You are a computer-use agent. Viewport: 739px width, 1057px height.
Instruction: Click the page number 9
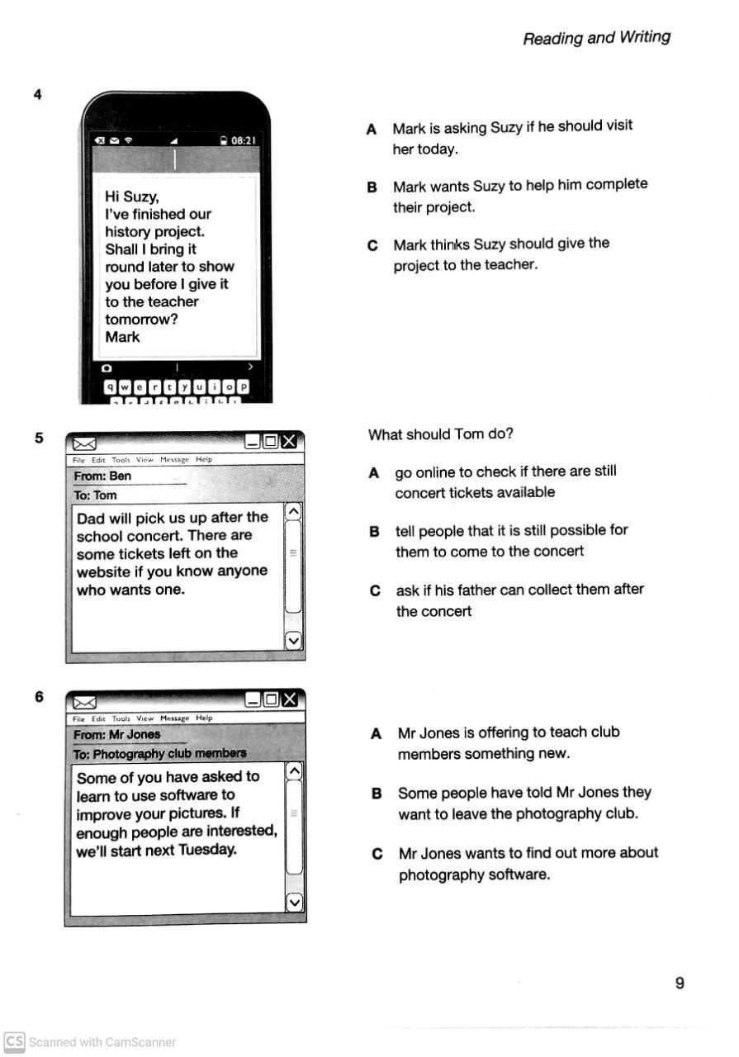tap(680, 983)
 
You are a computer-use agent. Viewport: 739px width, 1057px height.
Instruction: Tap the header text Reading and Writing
tap(596, 37)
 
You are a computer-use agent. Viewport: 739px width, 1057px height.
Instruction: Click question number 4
tap(37, 94)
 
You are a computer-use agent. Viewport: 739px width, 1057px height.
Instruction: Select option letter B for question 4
tap(372, 187)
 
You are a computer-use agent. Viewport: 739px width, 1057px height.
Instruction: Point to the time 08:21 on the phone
tap(243, 140)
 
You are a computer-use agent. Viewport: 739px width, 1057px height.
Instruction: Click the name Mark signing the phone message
tap(122, 337)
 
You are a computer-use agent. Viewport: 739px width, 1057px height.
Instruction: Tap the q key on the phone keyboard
tap(111, 386)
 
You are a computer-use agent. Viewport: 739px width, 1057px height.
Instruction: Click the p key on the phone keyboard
tap(243, 386)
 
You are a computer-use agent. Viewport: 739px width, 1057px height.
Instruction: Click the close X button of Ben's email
tap(288, 442)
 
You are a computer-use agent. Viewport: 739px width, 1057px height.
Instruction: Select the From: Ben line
tap(102, 476)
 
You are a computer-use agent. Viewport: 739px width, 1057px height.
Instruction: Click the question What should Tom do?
tap(441, 434)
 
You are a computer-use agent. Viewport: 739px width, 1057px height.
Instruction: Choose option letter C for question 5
tap(376, 590)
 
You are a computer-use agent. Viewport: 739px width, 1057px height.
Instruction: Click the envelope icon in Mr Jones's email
tap(85, 702)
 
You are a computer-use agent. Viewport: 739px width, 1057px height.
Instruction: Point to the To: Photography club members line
tap(159, 753)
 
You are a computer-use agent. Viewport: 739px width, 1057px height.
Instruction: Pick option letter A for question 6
tap(377, 733)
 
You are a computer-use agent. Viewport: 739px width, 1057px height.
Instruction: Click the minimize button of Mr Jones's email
tap(253, 700)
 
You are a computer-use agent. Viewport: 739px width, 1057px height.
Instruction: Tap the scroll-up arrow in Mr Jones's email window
tap(294, 771)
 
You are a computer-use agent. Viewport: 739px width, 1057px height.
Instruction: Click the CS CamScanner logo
tap(14, 1041)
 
